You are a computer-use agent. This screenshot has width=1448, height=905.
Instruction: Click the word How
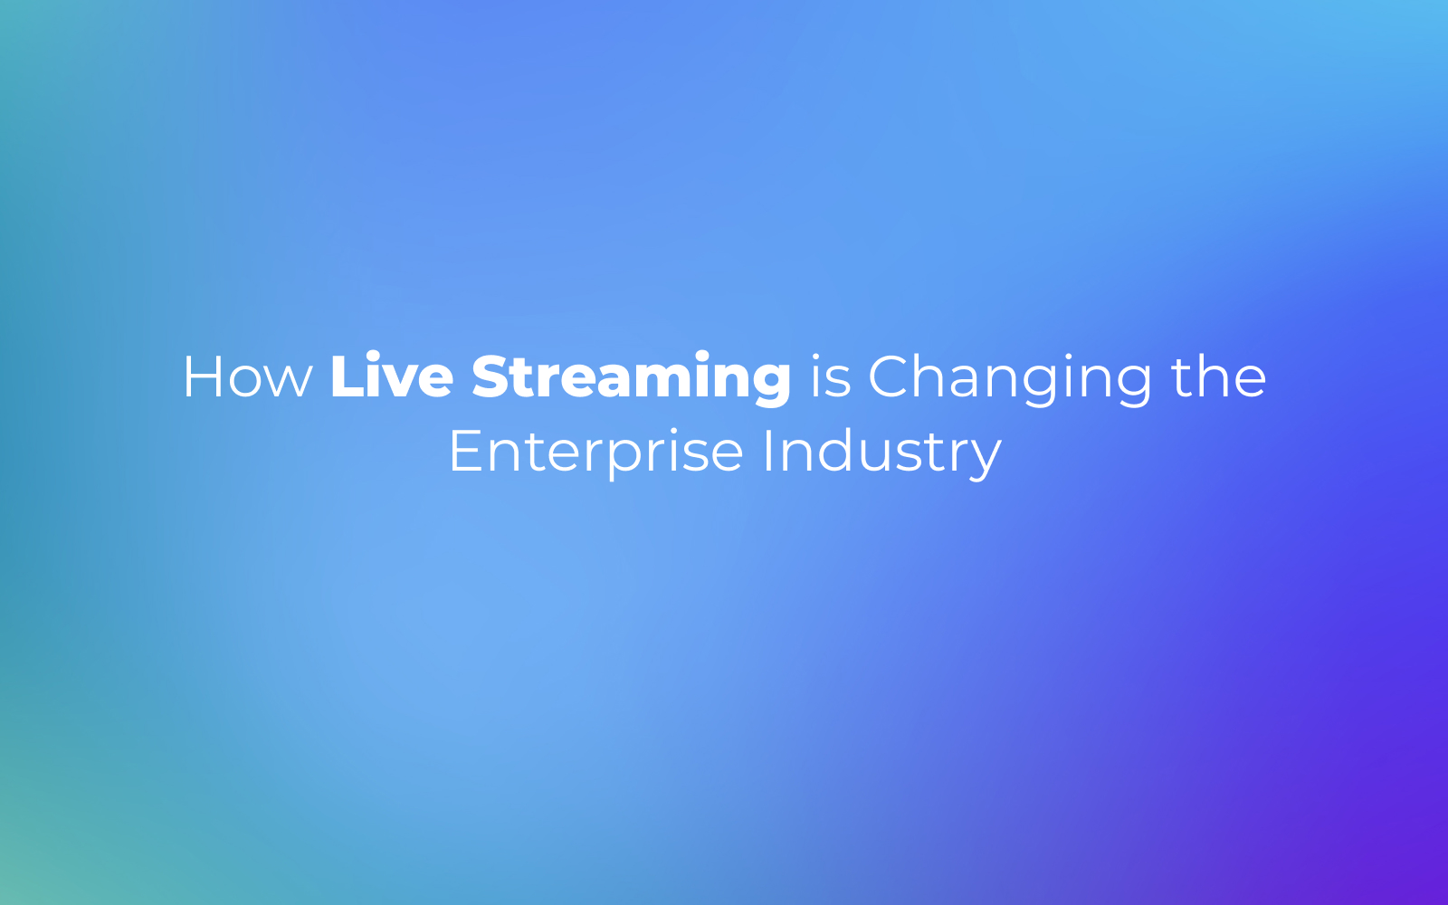click(x=248, y=376)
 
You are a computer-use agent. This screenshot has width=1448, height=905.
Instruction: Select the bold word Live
click(x=392, y=375)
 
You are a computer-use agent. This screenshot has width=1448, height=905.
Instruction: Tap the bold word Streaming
click(x=631, y=379)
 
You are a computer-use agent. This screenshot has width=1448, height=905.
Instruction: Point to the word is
click(x=831, y=376)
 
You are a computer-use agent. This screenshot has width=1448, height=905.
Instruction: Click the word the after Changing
click(x=1218, y=376)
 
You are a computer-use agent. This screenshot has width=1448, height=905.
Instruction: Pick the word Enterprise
click(x=596, y=453)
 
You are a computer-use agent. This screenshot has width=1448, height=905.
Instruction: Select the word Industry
click(x=882, y=453)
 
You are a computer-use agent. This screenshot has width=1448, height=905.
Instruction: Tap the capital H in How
click(x=202, y=376)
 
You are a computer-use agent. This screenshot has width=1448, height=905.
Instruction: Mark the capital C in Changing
click(x=888, y=376)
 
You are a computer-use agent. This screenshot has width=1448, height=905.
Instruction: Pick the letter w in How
click(x=289, y=383)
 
